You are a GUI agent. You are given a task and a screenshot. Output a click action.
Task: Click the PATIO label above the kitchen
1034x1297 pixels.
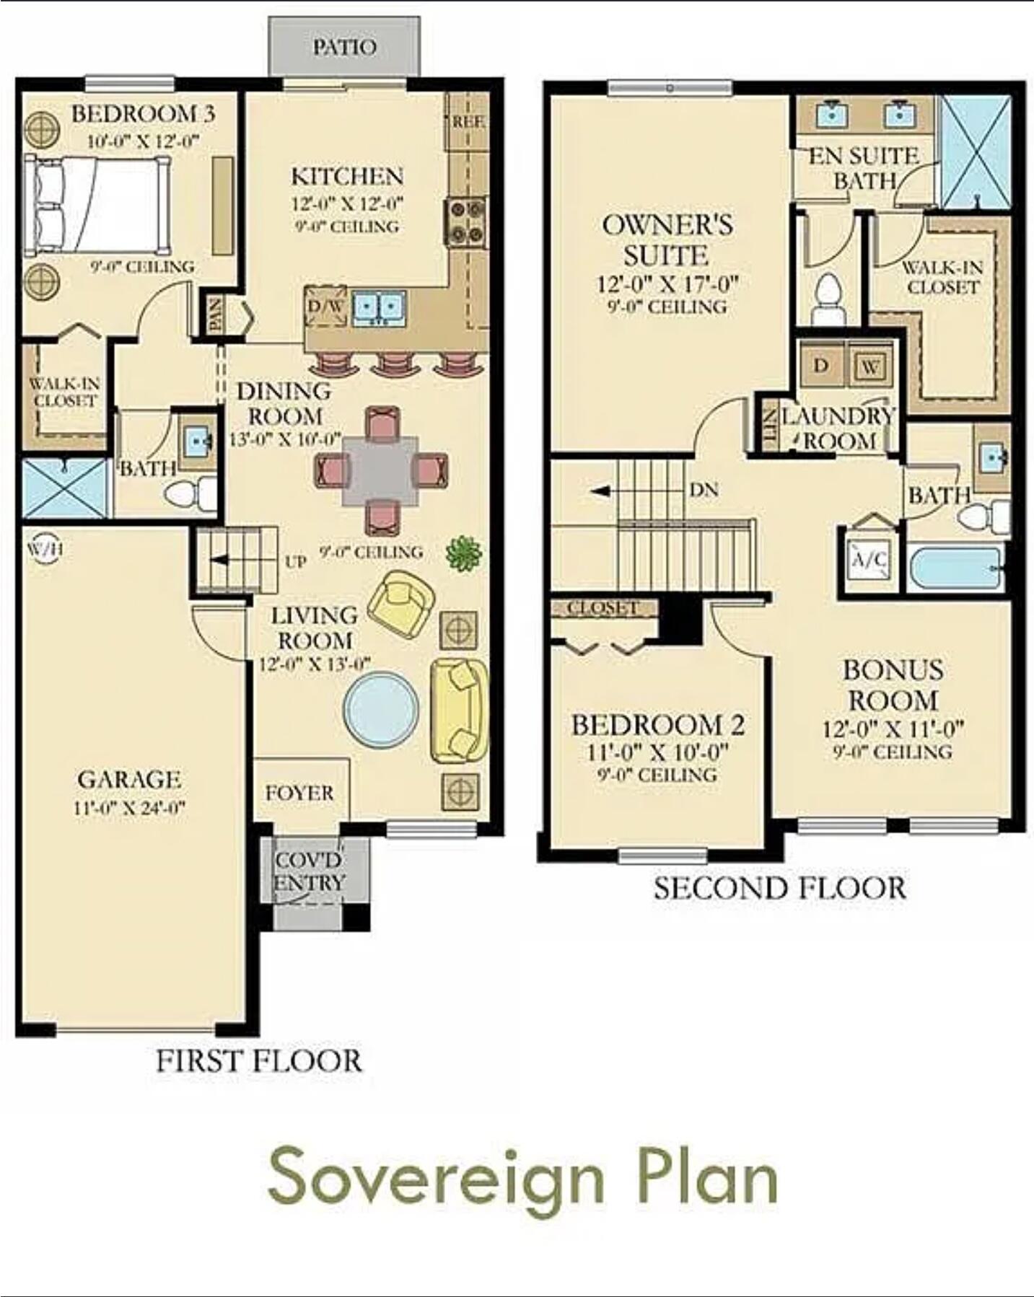[344, 48]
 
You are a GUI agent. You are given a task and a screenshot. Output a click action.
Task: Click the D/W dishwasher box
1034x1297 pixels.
[326, 307]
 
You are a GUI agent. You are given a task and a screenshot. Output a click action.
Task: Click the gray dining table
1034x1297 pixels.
[381, 470]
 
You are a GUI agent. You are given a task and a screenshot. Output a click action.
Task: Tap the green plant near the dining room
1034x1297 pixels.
[464, 555]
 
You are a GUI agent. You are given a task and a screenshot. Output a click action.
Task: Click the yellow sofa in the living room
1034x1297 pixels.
[459, 710]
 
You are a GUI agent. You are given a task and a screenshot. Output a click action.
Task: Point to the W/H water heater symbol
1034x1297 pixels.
[45, 550]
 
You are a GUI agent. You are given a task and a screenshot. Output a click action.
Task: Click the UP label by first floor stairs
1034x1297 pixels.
[296, 561]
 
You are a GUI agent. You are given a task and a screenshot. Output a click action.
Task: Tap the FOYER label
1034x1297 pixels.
[299, 793]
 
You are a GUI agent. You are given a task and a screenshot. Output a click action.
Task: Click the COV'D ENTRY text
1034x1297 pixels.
[309, 871]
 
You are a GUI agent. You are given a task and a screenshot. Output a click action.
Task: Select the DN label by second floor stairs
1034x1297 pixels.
[704, 491]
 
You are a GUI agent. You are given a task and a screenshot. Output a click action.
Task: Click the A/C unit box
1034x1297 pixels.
[870, 560]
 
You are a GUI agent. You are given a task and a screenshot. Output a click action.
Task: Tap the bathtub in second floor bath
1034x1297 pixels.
[954, 569]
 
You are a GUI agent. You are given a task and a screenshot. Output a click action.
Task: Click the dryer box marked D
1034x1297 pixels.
[821, 366]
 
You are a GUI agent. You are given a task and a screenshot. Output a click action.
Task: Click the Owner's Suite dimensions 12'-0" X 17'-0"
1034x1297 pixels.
[667, 284]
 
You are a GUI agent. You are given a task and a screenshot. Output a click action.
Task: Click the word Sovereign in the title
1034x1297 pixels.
[436, 1178]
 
